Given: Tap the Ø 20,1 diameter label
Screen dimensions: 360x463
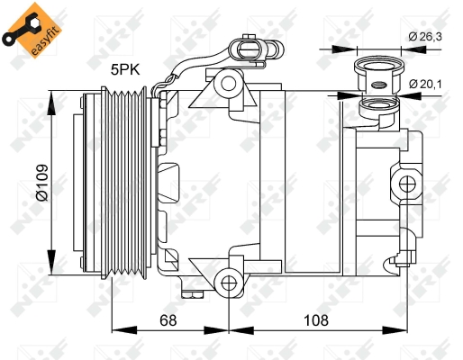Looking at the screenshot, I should (x=425, y=84).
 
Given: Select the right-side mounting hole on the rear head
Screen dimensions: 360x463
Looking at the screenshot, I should (x=407, y=184).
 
